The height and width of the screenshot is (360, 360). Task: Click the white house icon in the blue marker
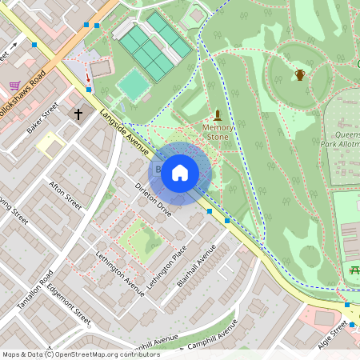pos(180,172)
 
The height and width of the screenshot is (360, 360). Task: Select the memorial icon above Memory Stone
pos(217,114)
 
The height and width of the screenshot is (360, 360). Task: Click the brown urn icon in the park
pos(300,75)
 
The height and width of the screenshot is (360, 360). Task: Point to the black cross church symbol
pos(79,114)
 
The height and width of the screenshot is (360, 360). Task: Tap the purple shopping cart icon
pos(14,85)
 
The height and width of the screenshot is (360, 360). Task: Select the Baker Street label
pos(43,120)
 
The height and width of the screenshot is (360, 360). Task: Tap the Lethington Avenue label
pos(120,276)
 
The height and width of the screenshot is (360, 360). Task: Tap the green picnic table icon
pos(354,272)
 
